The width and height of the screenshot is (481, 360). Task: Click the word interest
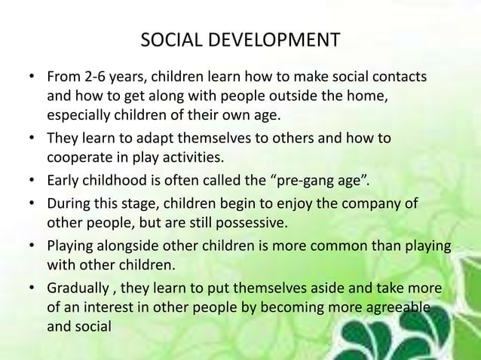click(x=109, y=310)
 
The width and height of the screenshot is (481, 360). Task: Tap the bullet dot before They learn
click(x=31, y=139)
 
